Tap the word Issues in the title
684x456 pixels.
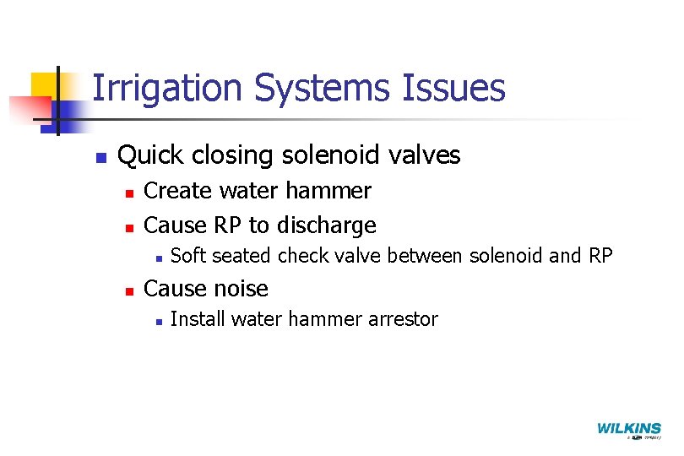pos(461,88)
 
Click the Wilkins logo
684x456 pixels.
pos(629,430)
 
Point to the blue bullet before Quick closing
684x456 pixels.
pos(100,157)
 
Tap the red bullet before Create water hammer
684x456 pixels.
pos(128,193)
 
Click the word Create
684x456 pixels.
pos(176,192)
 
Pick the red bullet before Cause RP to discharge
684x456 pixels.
pos(128,227)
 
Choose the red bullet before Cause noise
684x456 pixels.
pos(128,290)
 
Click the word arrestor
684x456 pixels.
pos(404,319)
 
